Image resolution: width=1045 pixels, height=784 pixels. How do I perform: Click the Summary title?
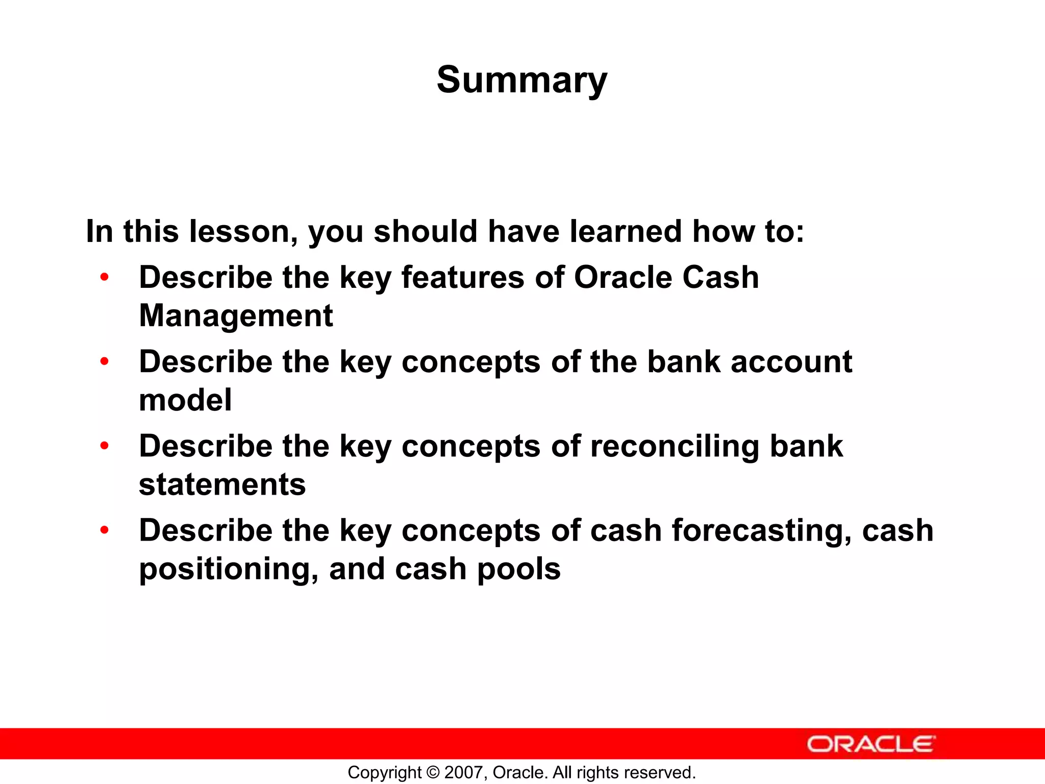521,80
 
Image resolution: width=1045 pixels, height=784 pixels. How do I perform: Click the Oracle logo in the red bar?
871,744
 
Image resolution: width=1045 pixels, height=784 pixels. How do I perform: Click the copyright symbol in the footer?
433,772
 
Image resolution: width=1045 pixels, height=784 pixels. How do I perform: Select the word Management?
236,315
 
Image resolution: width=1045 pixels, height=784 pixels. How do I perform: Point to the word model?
185,400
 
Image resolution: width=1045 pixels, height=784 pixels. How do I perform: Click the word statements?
222,484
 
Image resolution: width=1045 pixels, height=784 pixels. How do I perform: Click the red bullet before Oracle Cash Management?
105,278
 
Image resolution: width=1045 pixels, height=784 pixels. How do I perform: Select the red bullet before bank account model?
105,362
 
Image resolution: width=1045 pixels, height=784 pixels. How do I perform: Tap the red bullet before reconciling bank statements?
105,446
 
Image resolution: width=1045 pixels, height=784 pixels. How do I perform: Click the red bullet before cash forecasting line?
105,530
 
